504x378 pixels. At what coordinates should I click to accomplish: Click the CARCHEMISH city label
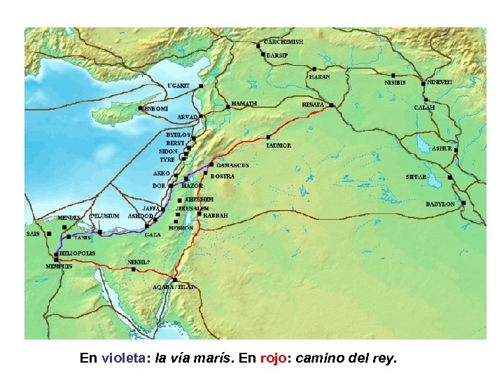(283, 42)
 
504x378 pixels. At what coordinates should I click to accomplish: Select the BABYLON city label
(440, 204)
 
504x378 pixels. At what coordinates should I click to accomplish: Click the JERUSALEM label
(192, 209)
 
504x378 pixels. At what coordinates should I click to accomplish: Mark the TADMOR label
(279, 146)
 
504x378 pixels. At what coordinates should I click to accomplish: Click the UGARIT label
(178, 85)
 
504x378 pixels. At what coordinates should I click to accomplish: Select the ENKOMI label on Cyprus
(155, 109)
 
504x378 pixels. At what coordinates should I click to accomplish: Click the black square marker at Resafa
(331, 106)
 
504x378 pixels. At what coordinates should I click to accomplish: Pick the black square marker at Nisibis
(393, 75)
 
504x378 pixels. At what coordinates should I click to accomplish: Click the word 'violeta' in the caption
(123, 359)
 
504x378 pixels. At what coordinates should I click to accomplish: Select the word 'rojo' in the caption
(273, 359)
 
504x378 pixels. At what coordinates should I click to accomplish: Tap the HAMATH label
(244, 104)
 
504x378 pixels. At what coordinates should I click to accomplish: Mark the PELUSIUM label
(105, 216)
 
